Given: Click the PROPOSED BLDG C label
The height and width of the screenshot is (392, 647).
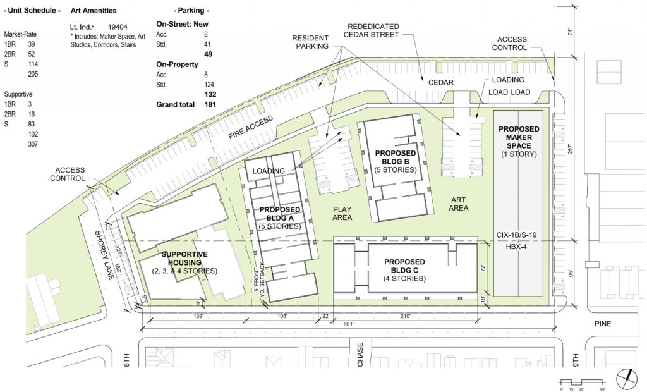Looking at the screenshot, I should (x=404, y=266).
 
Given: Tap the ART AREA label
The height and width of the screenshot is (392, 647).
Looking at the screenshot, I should (x=458, y=203).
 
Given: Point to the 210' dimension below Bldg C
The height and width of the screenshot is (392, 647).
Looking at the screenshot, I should (x=404, y=315).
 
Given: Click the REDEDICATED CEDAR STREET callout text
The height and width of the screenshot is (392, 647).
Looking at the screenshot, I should (x=373, y=30).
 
